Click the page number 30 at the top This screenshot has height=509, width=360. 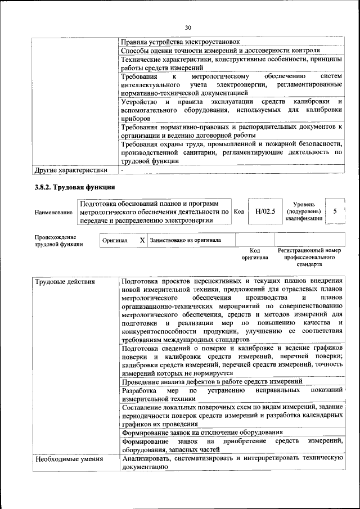tap(188, 27)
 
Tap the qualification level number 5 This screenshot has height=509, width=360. tap(335, 211)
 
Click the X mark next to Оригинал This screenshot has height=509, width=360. tap(142, 240)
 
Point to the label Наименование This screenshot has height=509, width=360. tap(53, 212)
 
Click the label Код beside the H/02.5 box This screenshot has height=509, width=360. tap(238, 212)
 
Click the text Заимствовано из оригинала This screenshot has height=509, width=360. tap(185, 240)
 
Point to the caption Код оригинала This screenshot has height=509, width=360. tap(254, 254)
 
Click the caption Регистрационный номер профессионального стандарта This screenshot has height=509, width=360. tap(309, 256)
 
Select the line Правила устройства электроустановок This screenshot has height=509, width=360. tap(180, 42)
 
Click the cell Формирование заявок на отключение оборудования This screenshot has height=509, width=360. tap(202, 432)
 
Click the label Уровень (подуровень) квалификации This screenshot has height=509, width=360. tap(304, 211)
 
